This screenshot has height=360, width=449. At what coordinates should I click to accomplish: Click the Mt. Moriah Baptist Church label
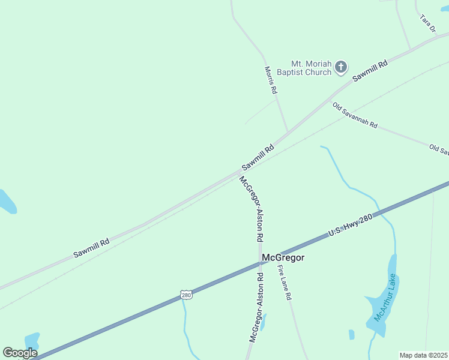pyautogui.click(x=311, y=68)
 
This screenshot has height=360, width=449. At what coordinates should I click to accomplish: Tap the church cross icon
pyautogui.click(x=341, y=67)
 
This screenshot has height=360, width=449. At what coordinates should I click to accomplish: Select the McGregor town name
pyautogui.click(x=283, y=257)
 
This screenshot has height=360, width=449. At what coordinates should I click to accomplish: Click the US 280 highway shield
pyautogui.click(x=187, y=295)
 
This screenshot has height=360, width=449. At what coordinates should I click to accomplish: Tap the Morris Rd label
pyautogui.click(x=271, y=80)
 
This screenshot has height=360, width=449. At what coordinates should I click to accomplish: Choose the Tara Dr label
pyautogui.click(x=427, y=23)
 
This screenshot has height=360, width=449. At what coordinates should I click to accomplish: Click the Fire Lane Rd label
pyautogui.click(x=285, y=283)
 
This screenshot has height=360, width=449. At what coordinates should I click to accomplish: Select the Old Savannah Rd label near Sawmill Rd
pyautogui.click(x=355, y=115)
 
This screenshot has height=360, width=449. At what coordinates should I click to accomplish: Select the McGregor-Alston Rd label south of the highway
pyautogui.click(x=257, y=307)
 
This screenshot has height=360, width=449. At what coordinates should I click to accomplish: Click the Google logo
pyautogui.click(x=20, y=353)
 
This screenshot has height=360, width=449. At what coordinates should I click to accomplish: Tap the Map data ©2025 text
pyautogui.click(x=424, y=355)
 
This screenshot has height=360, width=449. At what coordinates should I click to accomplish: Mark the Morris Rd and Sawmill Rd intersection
pyautogui.click(x=288, y=131)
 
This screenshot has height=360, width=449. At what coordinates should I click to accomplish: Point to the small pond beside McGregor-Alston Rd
pyautogui.click(x=264, y=322)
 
